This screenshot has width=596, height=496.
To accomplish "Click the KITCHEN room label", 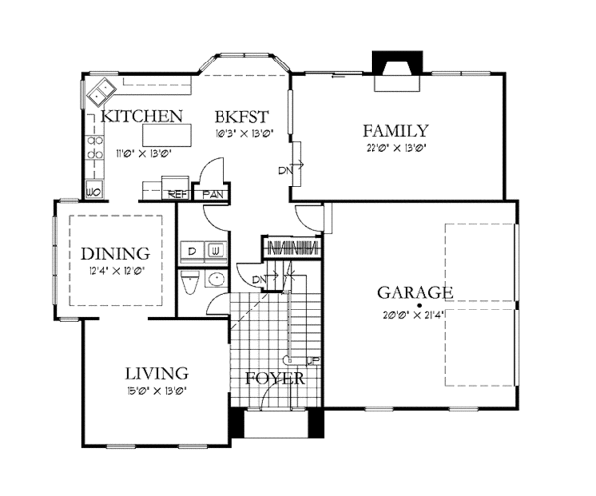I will [x=143, y=115].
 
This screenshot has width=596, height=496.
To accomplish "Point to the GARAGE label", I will [x=415, y=293].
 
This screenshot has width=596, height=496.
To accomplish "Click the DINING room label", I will [x=115, y=253].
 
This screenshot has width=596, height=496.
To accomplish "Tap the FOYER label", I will [x=275, y=379].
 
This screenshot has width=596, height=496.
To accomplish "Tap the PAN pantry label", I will [x=212, y=194].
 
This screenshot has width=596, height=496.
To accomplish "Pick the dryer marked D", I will [x=192, y=250].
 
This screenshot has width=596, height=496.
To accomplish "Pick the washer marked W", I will [x=216, y=250].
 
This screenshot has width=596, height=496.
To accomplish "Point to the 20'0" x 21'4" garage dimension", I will [x=414, y=315].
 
